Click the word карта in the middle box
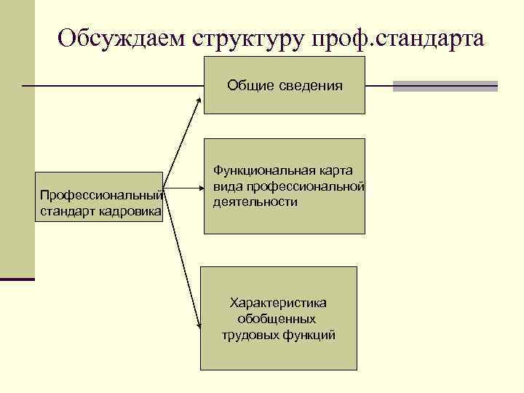[336, 170]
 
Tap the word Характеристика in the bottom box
[278, 302]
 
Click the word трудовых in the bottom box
[247, 335]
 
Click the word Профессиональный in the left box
[100, 195]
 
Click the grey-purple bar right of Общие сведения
[445, 86]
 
